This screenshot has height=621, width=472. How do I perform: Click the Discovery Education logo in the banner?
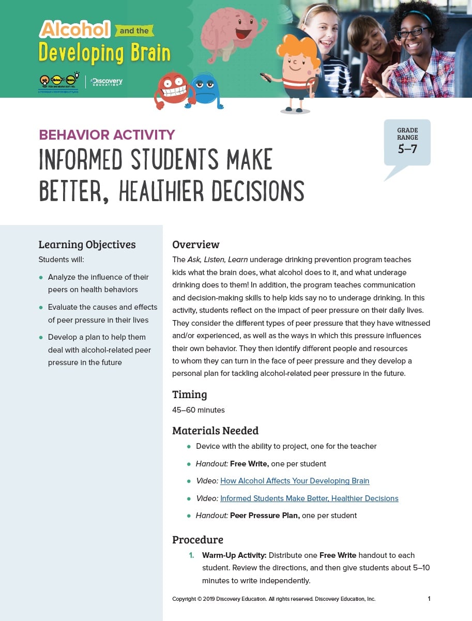click(x=105, y=82)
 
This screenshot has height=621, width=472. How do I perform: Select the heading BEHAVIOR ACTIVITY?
click(x=107, y=135)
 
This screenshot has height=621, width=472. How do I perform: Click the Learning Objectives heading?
click(x=87, y=245)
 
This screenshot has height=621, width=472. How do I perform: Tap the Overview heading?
click(x=195, y=245)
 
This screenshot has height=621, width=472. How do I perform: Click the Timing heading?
click(x=189, y=395)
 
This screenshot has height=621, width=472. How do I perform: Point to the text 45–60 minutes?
click(x=198, y=410)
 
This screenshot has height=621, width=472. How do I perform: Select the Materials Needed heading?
click(x=215, y=431)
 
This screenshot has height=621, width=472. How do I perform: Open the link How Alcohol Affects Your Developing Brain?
click(x=295, y=481)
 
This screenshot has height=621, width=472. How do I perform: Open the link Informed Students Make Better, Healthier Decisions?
click(x=309, y=498)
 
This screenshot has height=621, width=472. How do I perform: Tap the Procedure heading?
click(x=197, y=540)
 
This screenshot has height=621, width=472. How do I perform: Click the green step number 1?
click(x=191, y=555)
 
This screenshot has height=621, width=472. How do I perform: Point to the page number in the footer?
click(x=429, y=599)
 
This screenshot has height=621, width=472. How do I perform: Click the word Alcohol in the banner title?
click(x=75, y=29)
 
